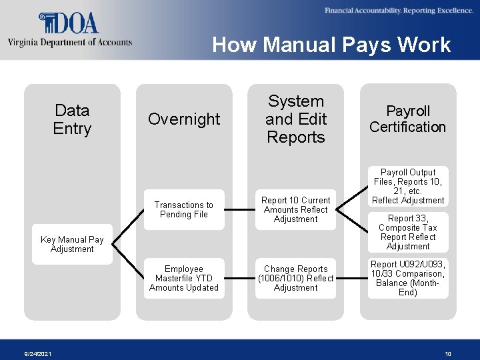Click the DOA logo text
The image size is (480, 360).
pyautogui.click(x=69, y=23)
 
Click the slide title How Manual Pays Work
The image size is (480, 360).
pyautogui.click(x=331, y=45)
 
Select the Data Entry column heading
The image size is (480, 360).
pyautogui.click(x=72, y=119)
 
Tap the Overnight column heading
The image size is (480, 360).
pyautogui.click(x=184, y=119)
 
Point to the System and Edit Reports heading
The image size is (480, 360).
pyautogui.click(x=295, y=119)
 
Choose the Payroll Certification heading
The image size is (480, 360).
pyautogui.click(x=407, y=119)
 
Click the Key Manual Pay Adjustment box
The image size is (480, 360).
pyautogui.click(x=72, y=245)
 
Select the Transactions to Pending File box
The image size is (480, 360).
pyautogui.click(x=184, y=210)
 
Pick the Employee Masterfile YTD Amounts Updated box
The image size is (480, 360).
pyautogui.click(x=184, y=279)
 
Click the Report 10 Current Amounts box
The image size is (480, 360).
pyautogui.click(x=295, y=210)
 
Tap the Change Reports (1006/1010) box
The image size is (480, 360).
pyautogui.click(x=295, y=279)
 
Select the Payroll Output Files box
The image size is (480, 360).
pyautogui.click(x=408, y=186)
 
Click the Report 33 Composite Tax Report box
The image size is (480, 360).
pyautogui.click(x=408, y=232)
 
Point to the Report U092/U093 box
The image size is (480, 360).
pyautogui.click(x=408, y=279)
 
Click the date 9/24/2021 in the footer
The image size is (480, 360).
pyautogui.click(x=37, y=354)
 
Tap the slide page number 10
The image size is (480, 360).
pyautogui.click(x=448, y=354)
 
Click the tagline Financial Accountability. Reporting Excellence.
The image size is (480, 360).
pyautogui.click(x=399, y=11)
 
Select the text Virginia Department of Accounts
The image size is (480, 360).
pyautogui.click(x=70, y=43)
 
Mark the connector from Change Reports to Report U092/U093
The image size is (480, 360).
pyautogui.click(x=352, y=279)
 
